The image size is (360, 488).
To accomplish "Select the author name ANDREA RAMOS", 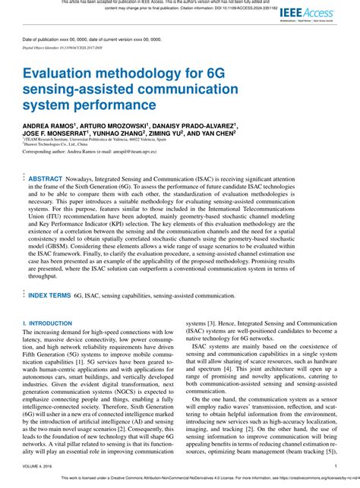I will pos(49,124).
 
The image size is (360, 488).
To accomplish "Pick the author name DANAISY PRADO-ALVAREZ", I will pos(196,124).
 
